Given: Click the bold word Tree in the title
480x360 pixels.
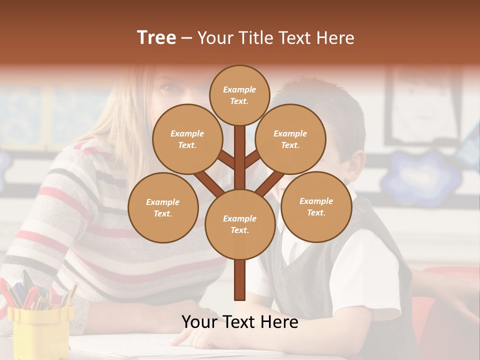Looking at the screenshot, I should (156, 38).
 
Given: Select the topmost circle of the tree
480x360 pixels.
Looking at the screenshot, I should (239, 95).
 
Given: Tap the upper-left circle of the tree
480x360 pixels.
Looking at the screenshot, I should (187, 139).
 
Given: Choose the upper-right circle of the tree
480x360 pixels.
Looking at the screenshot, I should (290, 139).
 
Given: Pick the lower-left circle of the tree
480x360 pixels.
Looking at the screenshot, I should (163, 207).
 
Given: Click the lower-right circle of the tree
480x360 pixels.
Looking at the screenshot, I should (316, 206).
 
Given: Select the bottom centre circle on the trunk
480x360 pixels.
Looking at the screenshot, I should (239, 224).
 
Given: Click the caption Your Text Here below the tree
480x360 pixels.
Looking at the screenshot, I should (239, 322).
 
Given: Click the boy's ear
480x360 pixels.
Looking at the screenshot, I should (356, 165).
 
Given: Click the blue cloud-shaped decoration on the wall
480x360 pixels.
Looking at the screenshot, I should (420, 177).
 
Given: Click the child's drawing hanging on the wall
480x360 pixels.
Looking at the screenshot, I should (425, 105).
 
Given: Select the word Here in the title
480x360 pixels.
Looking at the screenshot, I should (334, 38).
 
